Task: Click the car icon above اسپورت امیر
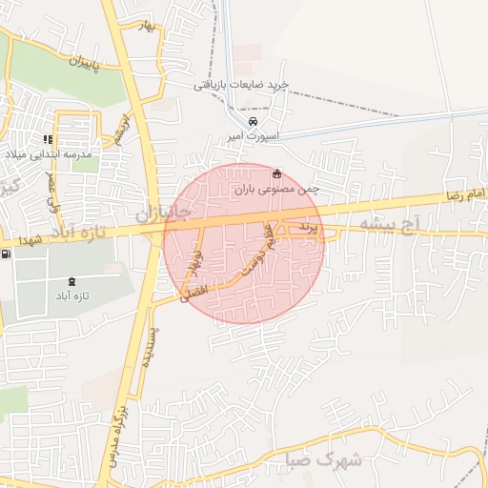(252, 123)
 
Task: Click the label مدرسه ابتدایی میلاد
(56, 153)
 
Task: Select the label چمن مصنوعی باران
(276, 190)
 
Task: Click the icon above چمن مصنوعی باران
(277, 173)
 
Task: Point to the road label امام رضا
(464, 194)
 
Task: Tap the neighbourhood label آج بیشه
(391, 225)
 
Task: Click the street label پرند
(305, 228)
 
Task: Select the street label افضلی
(179, 296)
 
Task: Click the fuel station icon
(8, 254)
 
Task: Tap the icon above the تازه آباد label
(74, 281)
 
